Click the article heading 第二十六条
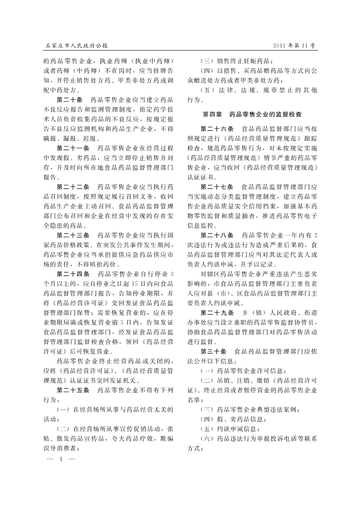217,129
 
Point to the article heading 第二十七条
217,187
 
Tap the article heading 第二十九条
217,312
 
